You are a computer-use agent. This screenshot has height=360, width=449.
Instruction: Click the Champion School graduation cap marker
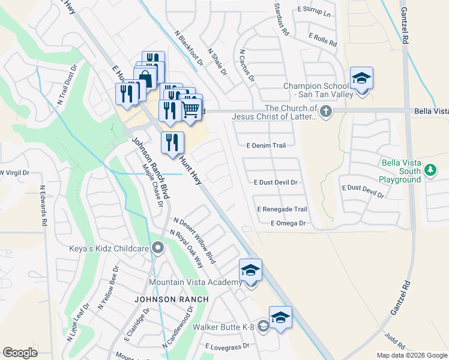(361, 79)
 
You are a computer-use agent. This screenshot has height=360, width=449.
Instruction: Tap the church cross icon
(326, 112)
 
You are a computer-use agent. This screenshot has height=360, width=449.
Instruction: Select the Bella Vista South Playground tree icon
(430, 170)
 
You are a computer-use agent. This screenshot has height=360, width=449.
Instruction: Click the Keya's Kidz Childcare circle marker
(158, 247)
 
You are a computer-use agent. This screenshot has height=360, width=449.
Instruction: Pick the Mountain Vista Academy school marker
(250, 271)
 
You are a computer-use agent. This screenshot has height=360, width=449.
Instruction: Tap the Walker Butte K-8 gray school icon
(264, 326)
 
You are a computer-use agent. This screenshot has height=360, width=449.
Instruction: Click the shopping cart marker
(191, 108)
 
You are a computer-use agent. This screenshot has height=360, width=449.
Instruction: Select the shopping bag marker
(145, 78)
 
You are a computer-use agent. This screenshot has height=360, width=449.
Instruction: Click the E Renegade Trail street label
(282, 209)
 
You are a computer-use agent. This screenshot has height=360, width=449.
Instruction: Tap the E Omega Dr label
(288, 223)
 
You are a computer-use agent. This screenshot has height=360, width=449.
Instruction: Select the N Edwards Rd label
(43, 205)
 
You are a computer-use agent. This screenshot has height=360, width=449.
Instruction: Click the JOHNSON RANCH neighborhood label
(171, 299)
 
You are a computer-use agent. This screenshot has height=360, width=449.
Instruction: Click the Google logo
(20, 353)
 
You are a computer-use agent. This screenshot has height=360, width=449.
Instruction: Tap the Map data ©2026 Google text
(411, 355)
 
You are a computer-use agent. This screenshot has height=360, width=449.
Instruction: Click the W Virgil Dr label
(14, 173)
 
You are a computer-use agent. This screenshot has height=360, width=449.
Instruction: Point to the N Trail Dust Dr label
(70, 87)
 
